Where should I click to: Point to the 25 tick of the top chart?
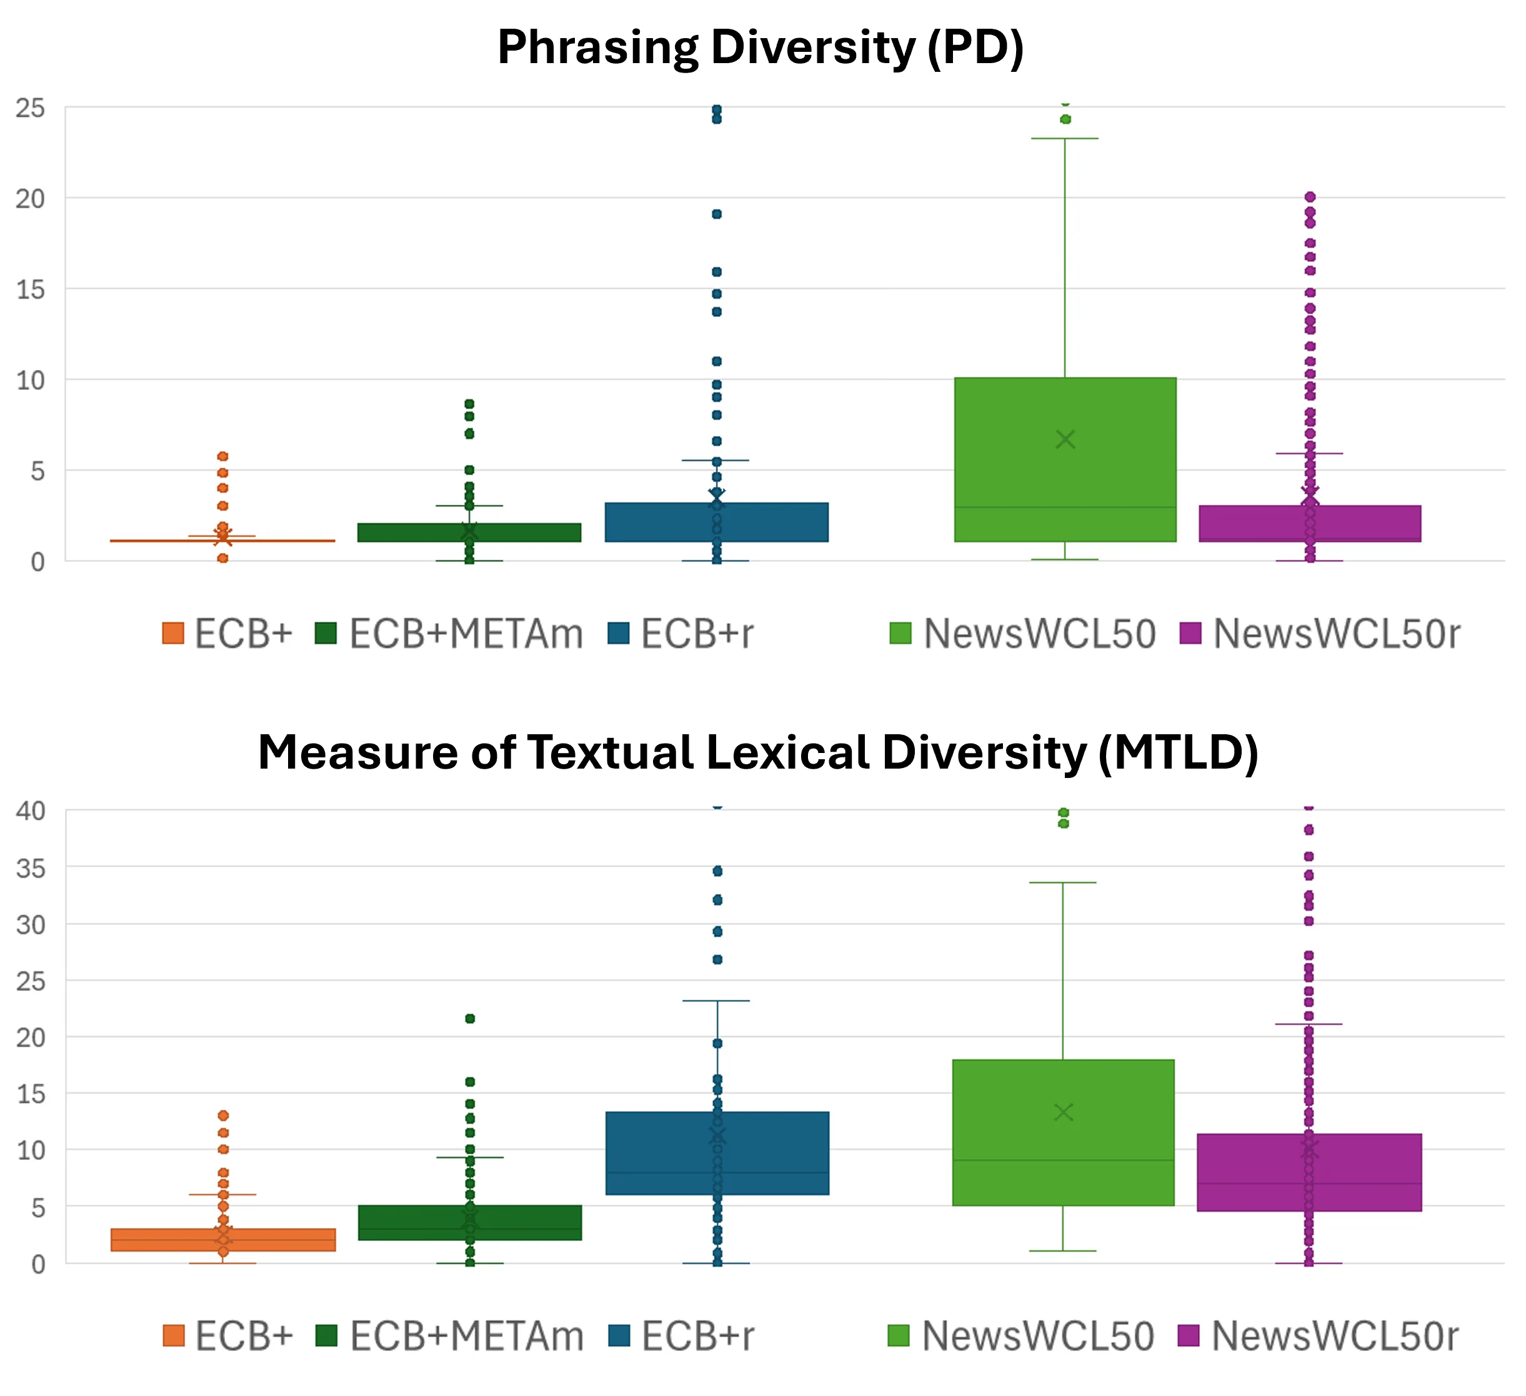point(30,108)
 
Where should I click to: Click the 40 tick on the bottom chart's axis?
point(30,811)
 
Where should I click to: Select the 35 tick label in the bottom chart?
point(30,869)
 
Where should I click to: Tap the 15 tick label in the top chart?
point(30,289)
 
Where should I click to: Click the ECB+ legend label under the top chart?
point(243,634)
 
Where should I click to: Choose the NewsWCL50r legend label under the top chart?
point(1336,634)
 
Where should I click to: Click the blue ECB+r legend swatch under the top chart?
point(619,633)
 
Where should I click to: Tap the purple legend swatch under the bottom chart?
point(1189,1335)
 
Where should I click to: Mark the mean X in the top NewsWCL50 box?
point(1065,439)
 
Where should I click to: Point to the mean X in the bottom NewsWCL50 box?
point(1064,1112)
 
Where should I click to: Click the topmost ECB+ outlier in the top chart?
point(222,457)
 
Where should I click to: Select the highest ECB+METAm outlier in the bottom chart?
point(469,1019)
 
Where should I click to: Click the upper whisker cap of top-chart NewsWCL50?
point(1065,139)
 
